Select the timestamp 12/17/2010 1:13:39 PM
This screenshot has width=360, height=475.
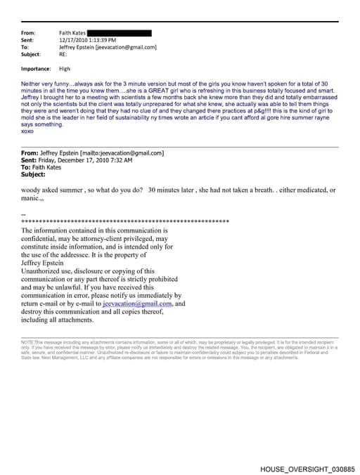[x=86, y=40]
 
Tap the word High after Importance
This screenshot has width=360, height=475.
[x=65, y=69]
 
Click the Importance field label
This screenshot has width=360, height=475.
[x=36, y=69]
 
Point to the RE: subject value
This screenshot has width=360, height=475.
[x=64, y=54]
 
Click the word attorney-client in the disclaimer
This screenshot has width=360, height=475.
[x=97, y=238]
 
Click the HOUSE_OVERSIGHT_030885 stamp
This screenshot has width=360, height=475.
[x=307, y=468]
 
